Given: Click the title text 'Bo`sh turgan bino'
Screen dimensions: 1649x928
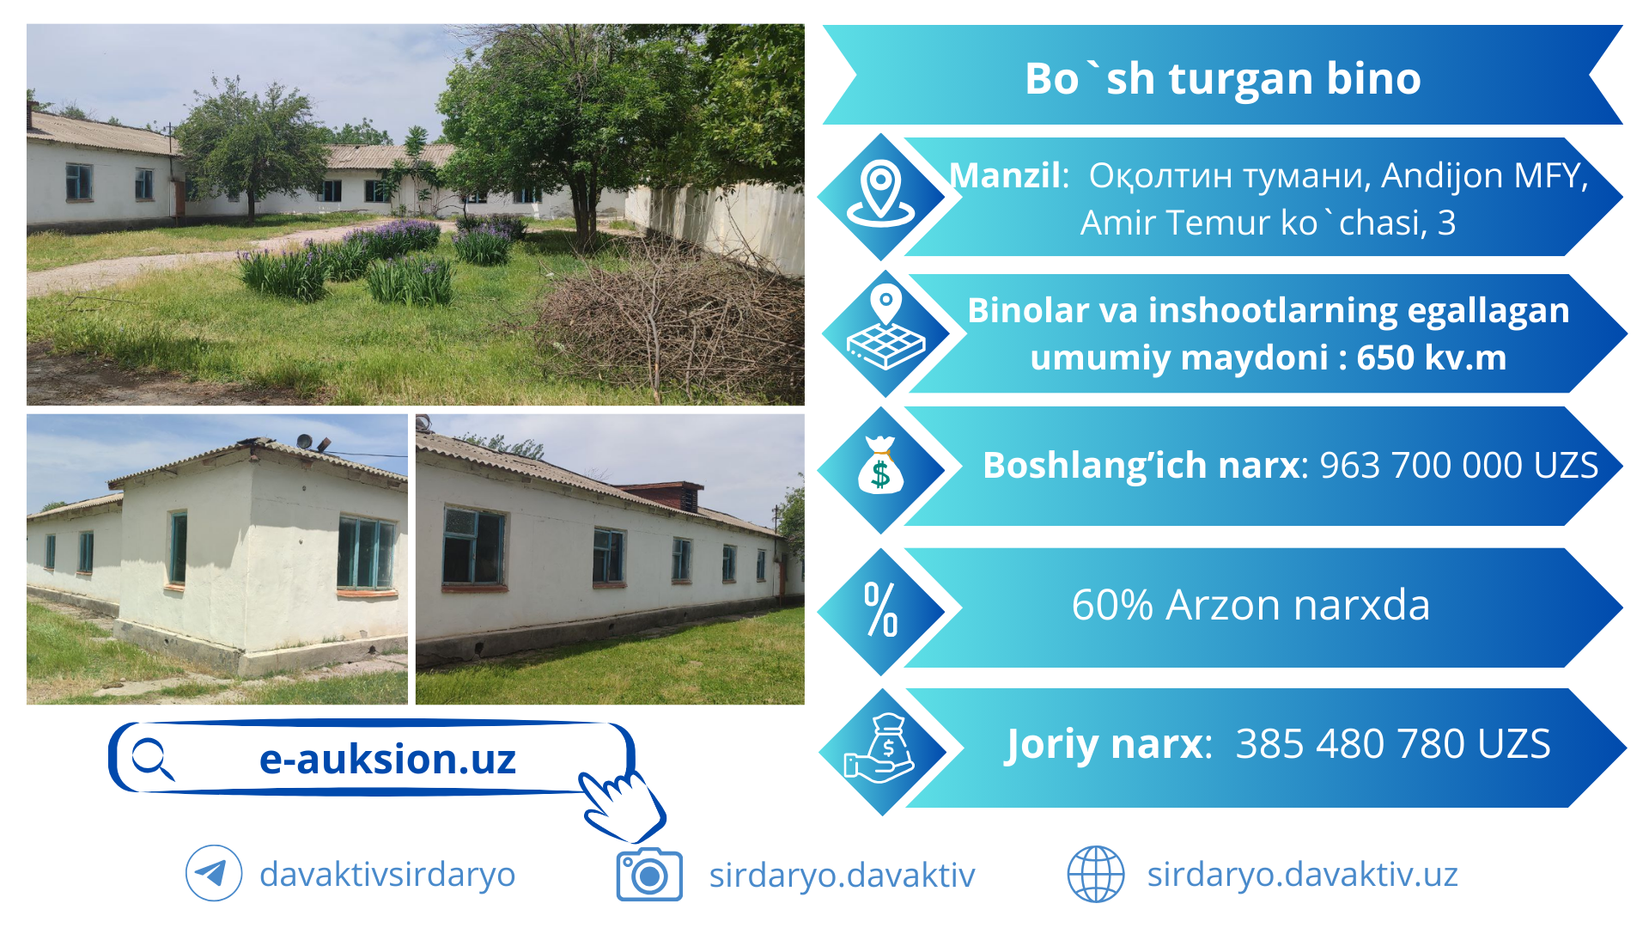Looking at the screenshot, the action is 1222,78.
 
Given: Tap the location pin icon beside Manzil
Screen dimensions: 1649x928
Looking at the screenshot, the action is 880,194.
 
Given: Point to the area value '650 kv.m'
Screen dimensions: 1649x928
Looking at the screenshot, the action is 1432,357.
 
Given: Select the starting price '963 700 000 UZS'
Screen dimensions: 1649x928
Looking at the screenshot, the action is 1458,465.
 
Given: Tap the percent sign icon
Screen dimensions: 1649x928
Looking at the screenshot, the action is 880,609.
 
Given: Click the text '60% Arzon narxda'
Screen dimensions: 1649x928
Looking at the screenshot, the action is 1250,605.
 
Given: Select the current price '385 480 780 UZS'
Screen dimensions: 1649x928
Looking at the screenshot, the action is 1393,744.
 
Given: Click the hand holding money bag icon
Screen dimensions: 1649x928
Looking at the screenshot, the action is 879,748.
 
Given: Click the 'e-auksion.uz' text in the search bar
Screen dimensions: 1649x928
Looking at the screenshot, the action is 387,759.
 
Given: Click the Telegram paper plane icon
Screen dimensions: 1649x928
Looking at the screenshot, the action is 213,874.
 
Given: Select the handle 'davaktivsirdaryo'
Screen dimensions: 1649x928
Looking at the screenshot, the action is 387,875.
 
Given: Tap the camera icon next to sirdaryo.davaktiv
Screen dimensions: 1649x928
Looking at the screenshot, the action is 649,875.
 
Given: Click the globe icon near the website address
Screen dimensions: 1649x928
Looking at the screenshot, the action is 1095,874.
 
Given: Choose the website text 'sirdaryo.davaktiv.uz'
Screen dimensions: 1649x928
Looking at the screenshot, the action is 1303,875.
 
